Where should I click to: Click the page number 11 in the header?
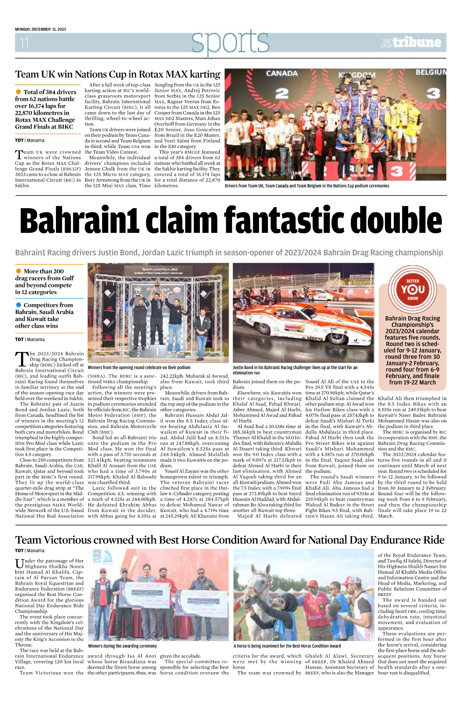24,43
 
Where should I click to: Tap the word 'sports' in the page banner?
230,42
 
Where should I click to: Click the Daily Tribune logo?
411,42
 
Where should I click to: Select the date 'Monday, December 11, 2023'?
40,29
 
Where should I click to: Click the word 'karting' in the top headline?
205,74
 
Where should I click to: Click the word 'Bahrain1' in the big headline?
80,221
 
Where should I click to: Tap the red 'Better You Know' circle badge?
412,289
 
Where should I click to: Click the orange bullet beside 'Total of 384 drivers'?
18,92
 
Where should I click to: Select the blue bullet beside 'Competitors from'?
18,305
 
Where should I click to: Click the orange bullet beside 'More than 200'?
18,271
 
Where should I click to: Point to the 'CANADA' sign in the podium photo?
282,73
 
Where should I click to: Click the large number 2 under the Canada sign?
282,93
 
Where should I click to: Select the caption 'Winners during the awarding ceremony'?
122,646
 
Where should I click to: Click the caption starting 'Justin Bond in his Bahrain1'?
295,370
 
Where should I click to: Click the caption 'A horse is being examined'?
287,646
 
